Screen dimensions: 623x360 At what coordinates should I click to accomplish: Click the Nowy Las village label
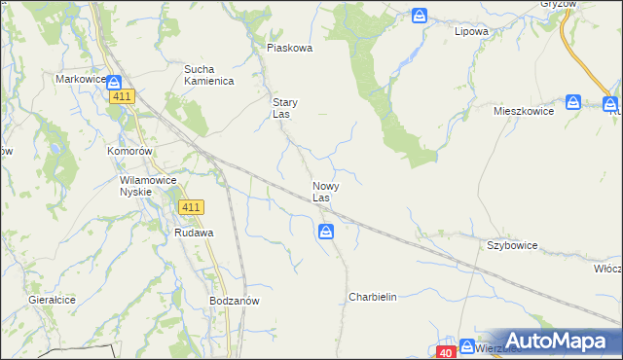coord(325,192)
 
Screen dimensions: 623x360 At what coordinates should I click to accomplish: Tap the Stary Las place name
coord(284,108)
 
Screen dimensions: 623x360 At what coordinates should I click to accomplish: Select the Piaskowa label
coord(289,48)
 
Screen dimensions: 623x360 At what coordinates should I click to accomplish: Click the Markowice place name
coord(80,79)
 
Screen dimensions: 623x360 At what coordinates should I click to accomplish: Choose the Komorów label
coord(129,153)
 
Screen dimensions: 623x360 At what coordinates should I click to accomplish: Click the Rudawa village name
coord(194,234)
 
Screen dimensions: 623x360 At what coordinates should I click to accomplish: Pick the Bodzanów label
coord(234,302)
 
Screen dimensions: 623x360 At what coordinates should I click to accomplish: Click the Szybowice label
coord(513,247)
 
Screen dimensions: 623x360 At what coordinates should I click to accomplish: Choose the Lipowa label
coord(471,31)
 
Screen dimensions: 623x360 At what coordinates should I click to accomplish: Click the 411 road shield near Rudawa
coord(191,207)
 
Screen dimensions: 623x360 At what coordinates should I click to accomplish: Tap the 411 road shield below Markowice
coord(122,96)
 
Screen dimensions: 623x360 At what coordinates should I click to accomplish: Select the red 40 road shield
coord(445,352)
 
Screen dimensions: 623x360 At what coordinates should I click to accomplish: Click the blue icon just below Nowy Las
coord(326,232)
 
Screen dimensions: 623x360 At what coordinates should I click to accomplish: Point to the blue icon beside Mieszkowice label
coord(573,101)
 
